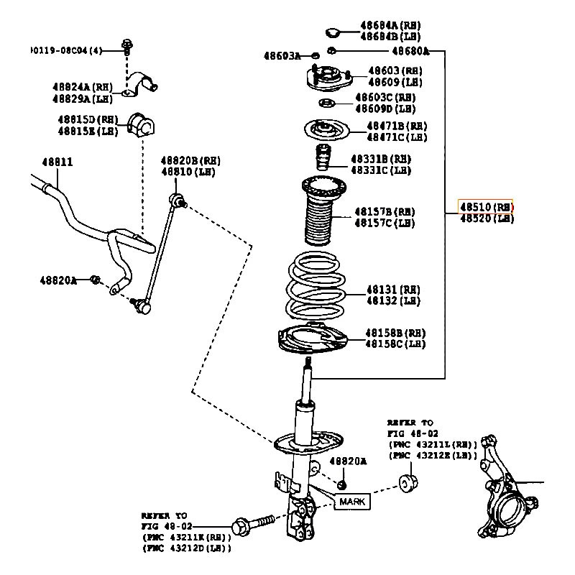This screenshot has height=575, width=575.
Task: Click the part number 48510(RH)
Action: tap(487, 207)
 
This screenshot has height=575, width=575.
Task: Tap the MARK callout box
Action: tap(352, 501)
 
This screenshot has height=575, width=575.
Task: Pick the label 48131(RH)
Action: tap(392, 289)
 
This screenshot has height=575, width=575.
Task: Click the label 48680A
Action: tap(410, 51)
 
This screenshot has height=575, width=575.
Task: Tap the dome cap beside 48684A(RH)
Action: tap(333, 32)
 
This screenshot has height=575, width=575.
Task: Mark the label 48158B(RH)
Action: tap(395, 333)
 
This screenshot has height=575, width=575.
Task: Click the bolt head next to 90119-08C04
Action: tap(127, 47)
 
